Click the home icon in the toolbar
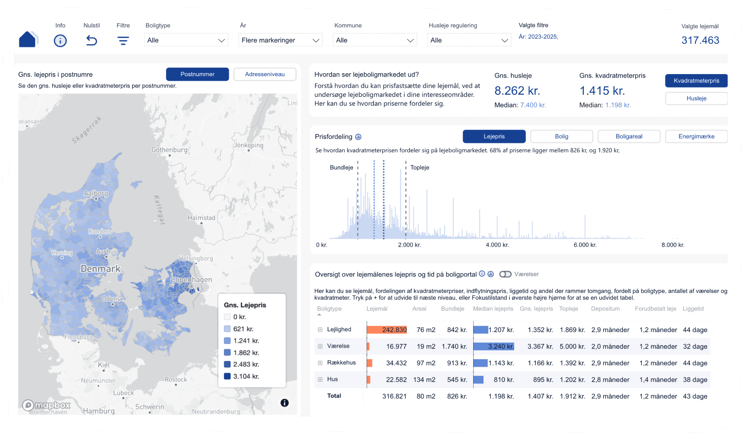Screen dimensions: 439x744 click(28, 40)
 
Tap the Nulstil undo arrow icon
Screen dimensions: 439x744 click(92, 40)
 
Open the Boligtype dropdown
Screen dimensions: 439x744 click(186, 40)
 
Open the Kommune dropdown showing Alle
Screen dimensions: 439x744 click(375, 40)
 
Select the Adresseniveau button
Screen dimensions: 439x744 click(265, 74)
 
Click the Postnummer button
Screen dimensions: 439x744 click(197, 74)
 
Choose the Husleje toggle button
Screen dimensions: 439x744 click(696, 98)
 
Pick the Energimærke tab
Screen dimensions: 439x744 click(696, 136)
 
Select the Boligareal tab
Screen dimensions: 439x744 click(629, 136)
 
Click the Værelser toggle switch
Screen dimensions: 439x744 click(505, 274)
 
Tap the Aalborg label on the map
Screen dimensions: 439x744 click(96, 193)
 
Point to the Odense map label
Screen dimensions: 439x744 click(113, 299)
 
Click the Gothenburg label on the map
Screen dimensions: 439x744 click(169, 150)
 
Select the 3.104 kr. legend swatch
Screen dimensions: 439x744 click(228, 376)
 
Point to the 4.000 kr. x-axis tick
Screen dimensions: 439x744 click(497, 245)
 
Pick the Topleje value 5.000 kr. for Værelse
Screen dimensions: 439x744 click(572, 346)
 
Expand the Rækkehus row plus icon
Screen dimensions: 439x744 click(320, 363)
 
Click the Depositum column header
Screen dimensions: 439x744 click(605, 309)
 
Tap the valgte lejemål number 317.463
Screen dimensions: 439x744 click(700, 40)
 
